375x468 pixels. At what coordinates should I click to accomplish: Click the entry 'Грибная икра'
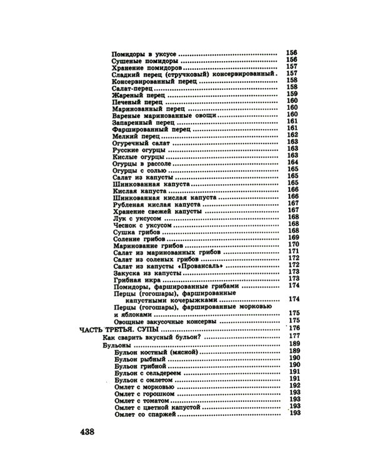point(133,280)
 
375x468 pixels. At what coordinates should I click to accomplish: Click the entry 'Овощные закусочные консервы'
point(166,321)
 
